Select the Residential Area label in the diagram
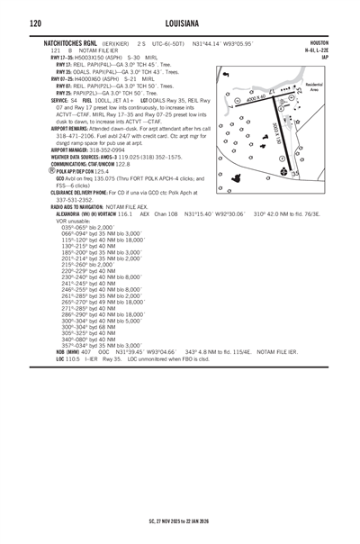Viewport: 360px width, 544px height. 314,88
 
